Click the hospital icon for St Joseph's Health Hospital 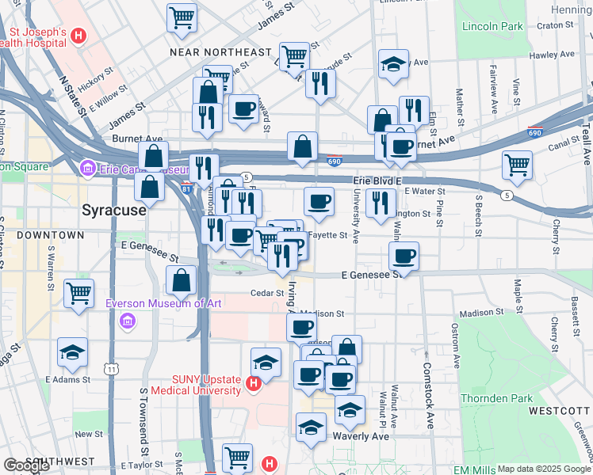(78, 36)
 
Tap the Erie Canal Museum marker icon (87, 169)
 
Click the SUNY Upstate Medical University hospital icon (253, 385)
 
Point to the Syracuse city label (114, 211)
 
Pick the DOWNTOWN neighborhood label (53, 235)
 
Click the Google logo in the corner (26, 465)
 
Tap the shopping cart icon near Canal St (517, 164)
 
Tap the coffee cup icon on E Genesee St (404, 256)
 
